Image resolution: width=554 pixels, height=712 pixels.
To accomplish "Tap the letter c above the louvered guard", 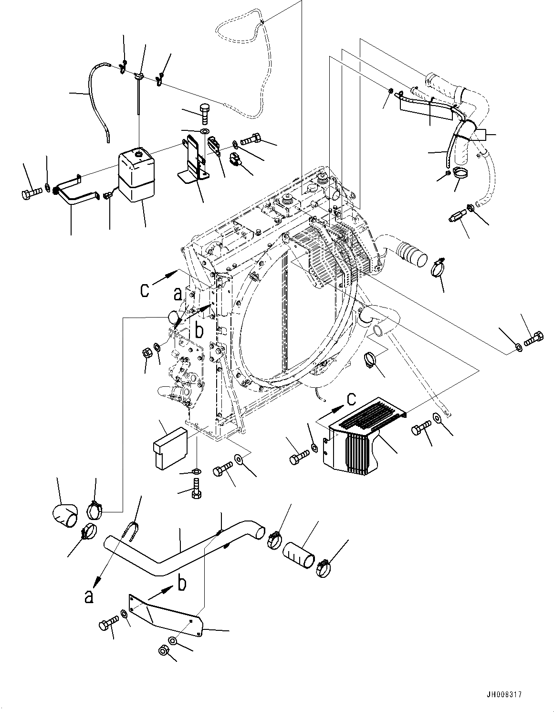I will (x=351, y=397).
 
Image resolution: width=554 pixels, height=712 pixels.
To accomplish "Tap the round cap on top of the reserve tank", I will (x=139, y=154).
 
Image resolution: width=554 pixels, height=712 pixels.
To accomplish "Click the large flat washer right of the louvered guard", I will (x=437, y=418).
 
